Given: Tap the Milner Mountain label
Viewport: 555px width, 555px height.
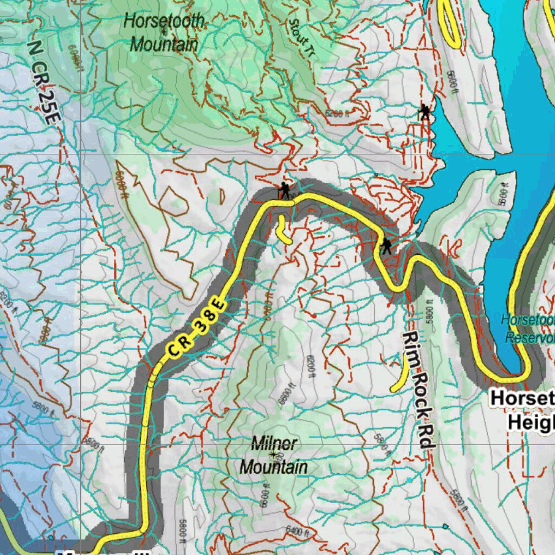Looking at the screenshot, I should (x=274, y=455).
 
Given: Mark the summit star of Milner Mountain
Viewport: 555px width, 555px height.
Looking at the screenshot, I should (x=273, y=454).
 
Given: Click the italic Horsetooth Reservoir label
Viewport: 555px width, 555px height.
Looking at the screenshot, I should (x=529, y=328).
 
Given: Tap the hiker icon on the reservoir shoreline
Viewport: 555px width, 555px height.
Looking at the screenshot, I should (x=425, y=113).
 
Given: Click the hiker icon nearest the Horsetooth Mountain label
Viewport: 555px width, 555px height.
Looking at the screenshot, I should (x=284, y=190).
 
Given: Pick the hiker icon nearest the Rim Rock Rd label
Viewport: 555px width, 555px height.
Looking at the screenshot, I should (x=386, y=246).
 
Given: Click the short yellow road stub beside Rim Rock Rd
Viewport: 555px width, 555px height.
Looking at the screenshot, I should (x=400, y=377).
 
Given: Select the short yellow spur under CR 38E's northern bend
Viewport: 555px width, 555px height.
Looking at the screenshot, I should (x=282, y=230).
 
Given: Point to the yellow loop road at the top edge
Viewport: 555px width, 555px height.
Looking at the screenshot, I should (x=449, y=22).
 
